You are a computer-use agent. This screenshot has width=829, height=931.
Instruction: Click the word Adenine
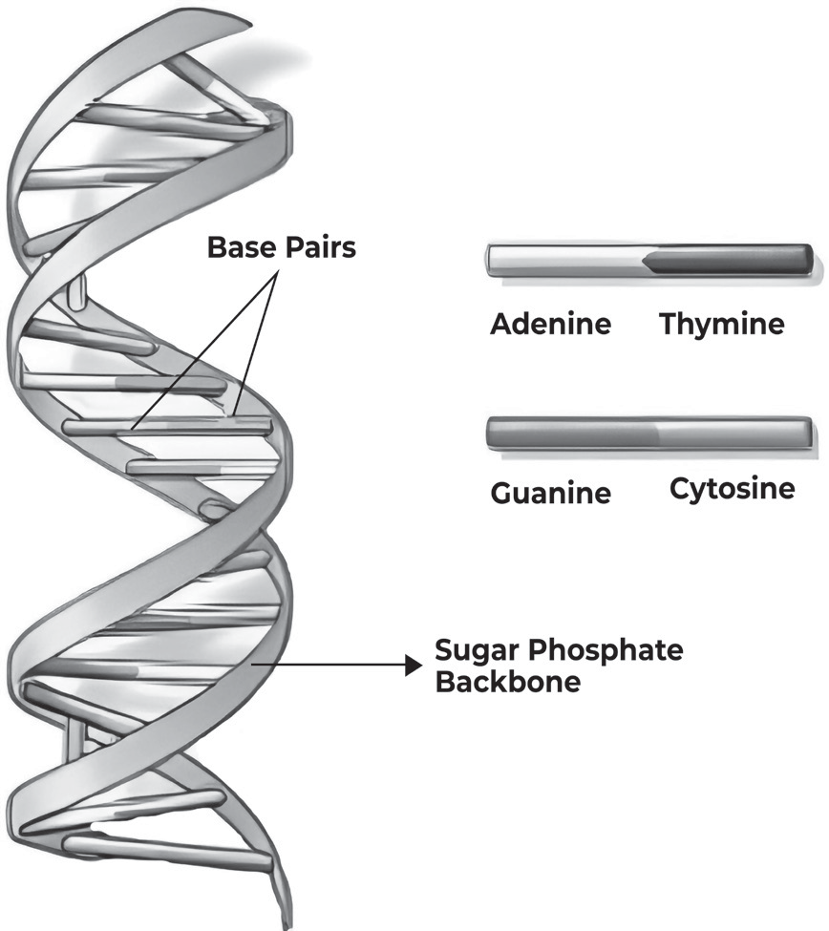(x=550, y=324)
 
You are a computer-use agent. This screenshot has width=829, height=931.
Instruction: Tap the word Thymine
(x=722, y=325)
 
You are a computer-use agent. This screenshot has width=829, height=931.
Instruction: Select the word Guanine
(x=550, y=493)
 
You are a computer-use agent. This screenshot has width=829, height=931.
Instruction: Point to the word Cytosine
(x=733, y=489)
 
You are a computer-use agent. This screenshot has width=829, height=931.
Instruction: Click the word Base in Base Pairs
(x=241, y=247)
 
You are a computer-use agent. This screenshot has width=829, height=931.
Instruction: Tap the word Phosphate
(x=606, y=650)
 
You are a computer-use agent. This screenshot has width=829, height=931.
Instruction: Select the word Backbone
(x=508, y=682)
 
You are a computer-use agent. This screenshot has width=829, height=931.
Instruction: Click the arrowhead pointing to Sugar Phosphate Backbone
(x=414, y=665)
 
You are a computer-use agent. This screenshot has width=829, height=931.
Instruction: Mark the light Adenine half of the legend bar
(x=567, y=261)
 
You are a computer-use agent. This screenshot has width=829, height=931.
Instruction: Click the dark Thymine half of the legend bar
(x=730, y=261)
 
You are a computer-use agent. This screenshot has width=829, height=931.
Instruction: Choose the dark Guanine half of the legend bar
(x=572, y=434)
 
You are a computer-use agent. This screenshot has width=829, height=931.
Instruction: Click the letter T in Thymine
(x=669, y=324)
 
